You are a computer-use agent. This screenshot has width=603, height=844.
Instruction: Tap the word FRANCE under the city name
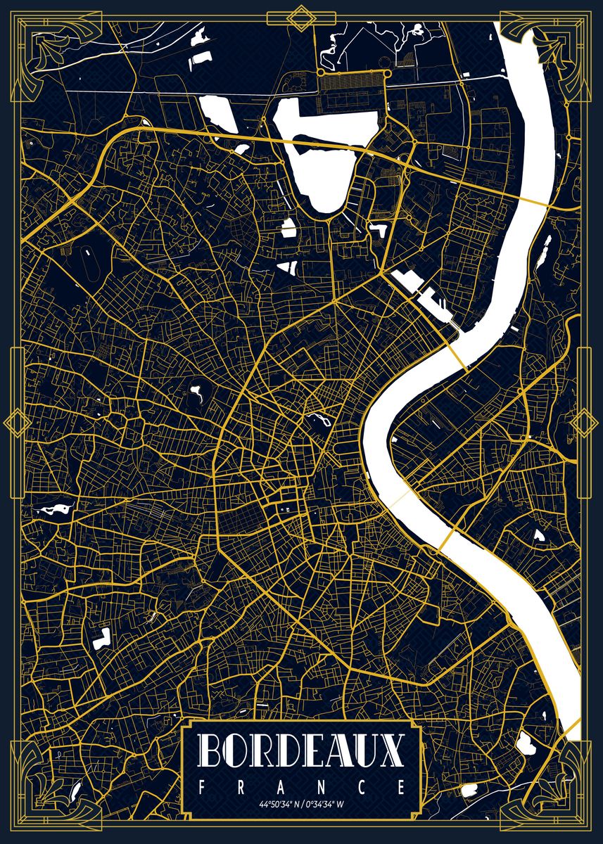[x=301, y=786]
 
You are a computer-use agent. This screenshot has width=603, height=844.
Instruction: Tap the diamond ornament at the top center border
[x=302, y=18]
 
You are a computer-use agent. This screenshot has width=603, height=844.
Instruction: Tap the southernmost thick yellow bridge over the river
[x=446, y=542]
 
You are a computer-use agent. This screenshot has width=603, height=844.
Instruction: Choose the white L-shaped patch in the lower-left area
[x=102, y=639]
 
